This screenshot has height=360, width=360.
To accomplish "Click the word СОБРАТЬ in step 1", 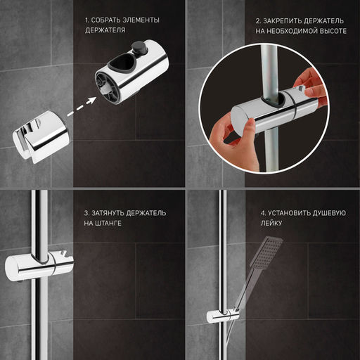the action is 105,20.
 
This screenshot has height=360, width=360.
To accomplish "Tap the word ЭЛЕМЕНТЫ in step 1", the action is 141,20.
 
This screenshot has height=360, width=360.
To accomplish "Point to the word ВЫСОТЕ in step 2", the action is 334,31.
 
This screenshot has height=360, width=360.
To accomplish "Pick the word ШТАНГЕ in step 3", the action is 108,223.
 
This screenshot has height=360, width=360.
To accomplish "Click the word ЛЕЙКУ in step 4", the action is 271,223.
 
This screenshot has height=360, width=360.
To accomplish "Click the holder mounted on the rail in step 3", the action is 39,266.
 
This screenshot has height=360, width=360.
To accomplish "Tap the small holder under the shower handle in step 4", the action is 223,316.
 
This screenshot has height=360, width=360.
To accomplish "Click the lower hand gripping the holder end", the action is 234,143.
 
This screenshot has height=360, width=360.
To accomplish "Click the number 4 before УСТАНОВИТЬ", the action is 263,213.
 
